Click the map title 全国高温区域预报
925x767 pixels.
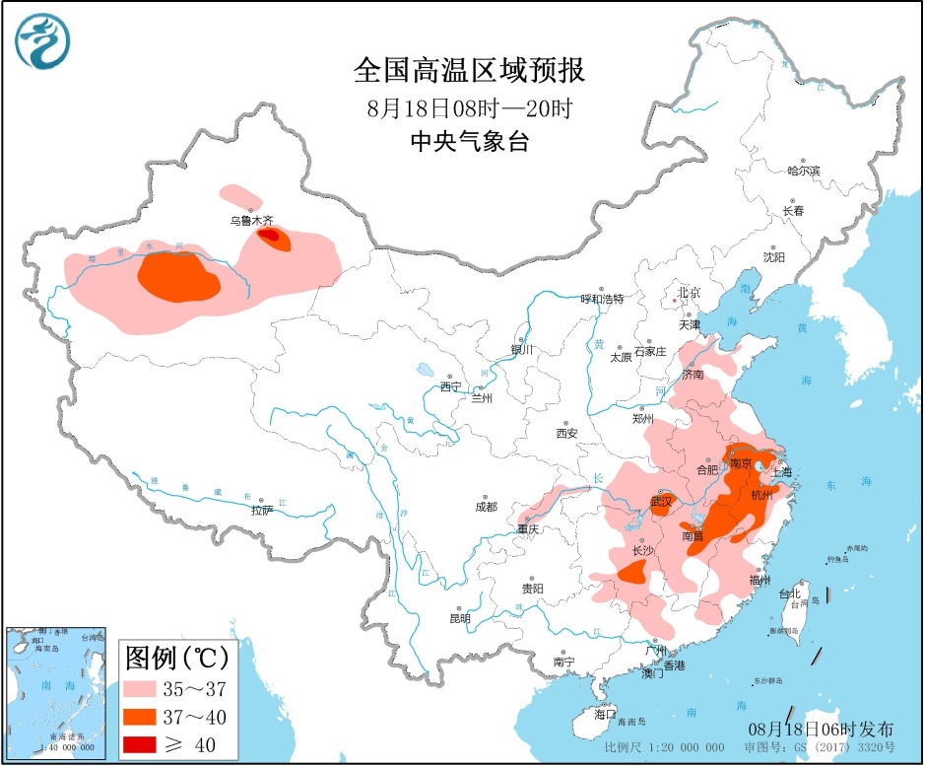click(469, 71)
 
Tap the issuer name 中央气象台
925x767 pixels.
click(469, 142)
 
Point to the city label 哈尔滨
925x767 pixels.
click(803, 171)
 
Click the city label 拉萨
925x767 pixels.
click(261, 510)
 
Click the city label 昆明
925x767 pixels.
click(459, 618)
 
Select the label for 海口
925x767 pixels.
click(604, 713)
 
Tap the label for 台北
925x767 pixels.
click(790, 594)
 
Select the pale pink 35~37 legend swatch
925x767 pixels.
click(150, 686)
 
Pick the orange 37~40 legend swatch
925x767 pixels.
click(150, 715)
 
